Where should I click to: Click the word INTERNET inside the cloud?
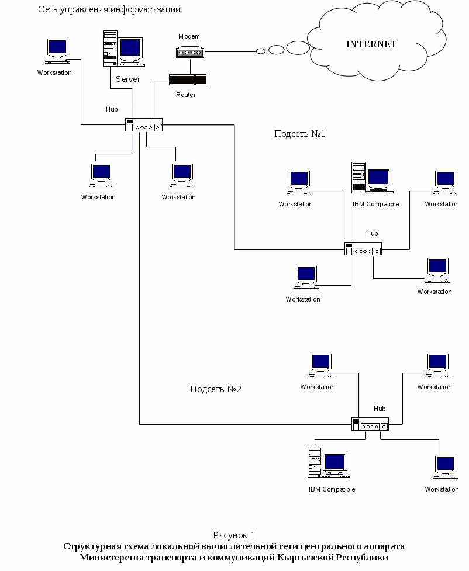(371, 44)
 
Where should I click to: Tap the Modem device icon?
(189, 52)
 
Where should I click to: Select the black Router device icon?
(187, 79)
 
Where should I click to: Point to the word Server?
(128, 79)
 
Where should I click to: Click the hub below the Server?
(143, 125)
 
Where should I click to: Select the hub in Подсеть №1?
(363, 249)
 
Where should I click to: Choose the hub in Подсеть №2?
(370, 424)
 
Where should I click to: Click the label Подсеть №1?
(299, 134)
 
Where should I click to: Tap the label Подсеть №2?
(216, 389)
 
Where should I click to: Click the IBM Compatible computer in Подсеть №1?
(371, 178)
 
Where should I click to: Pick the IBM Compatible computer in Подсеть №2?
(327, 462)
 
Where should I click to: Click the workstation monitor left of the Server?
(57, 50)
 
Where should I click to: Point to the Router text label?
(186, 95)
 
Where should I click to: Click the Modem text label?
(189, 36)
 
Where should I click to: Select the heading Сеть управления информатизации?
(109, 9)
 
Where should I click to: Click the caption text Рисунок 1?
(234, 535)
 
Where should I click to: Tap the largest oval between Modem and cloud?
(298, 48)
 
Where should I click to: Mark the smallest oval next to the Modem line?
(261, 51)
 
